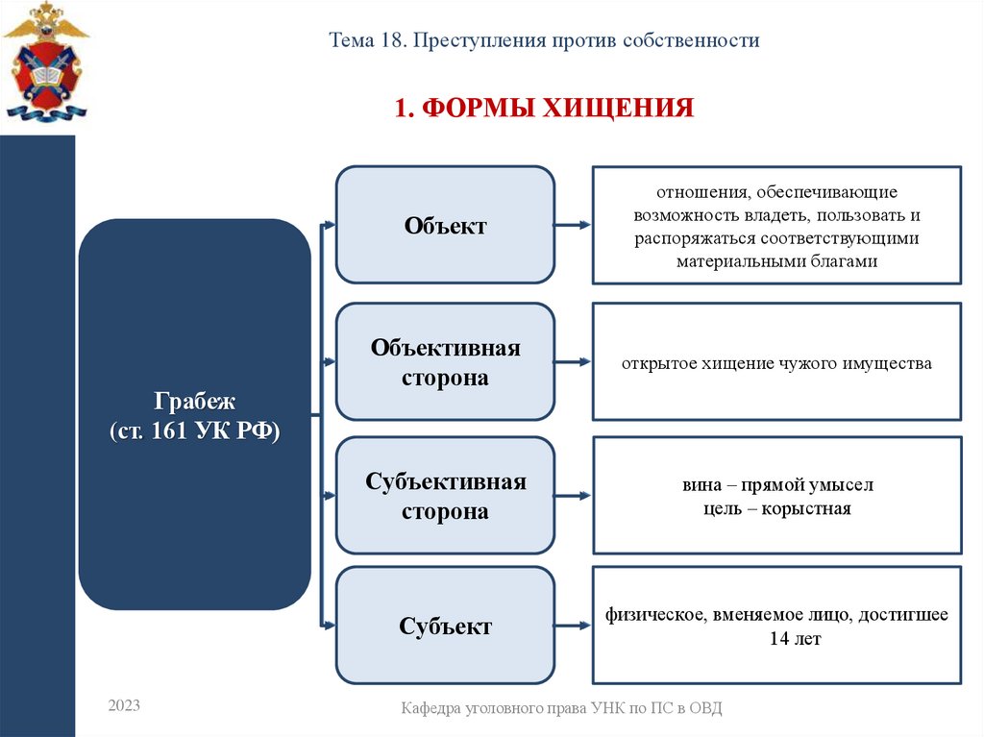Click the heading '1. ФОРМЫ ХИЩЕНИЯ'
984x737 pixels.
544,107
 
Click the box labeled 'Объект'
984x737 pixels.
445,226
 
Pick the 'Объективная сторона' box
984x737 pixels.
445,362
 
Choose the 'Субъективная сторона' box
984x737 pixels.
445,496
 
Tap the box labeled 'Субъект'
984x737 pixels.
445,626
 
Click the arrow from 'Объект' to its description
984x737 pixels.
573,226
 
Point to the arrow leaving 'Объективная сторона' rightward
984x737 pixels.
573,362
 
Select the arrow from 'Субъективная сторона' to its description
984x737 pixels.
573,496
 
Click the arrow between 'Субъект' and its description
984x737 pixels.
573,626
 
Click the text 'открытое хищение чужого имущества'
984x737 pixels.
776,364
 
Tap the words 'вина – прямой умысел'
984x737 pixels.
776,486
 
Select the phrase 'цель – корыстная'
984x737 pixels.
776,508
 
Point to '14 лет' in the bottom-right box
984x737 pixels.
795,638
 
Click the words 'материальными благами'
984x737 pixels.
776,261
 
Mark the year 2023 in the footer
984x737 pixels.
124,706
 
